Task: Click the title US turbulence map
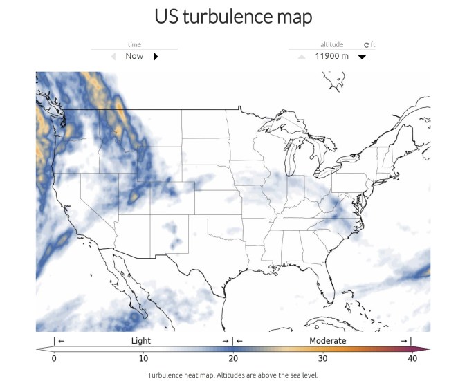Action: [233, 16]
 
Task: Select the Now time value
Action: [134, 56]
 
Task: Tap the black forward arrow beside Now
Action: [156, 57]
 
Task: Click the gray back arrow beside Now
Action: [113, 57]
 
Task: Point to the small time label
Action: [135, 45]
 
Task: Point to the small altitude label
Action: [331, 45]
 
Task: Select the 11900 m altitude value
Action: [331, 56]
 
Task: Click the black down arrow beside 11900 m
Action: [362, 57]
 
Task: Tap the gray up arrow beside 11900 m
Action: [301, 57]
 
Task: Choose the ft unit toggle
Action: [369, 45]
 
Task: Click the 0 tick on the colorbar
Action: [54, 358]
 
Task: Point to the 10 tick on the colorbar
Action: [143, 358]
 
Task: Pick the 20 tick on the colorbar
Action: [233, 358]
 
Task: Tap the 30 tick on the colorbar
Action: [322, 358]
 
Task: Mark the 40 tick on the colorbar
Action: [412, 358]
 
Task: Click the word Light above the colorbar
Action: [140, 341]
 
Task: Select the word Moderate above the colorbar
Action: [328, 341]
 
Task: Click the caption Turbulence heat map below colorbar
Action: [233, 375]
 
